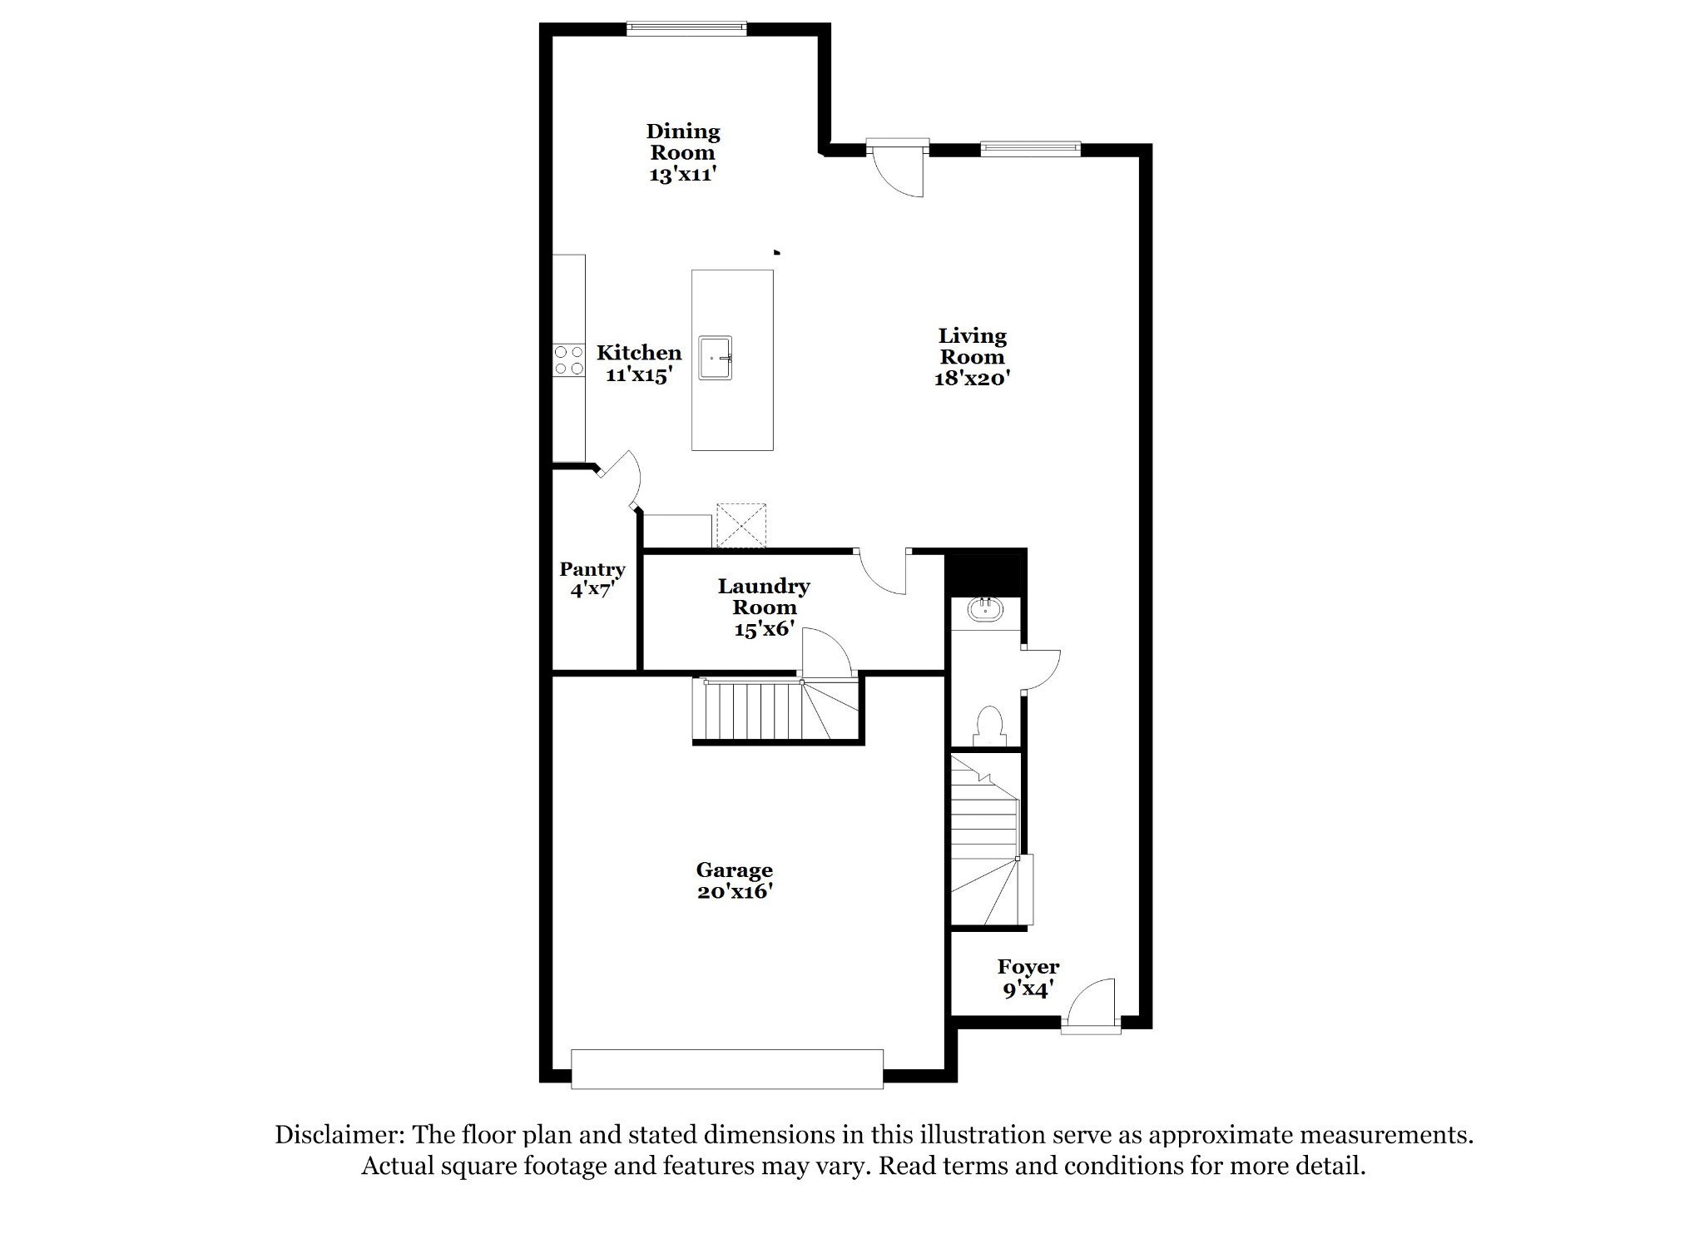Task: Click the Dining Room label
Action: (x=682, y=141)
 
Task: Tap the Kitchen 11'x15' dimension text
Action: (x=638, y=374)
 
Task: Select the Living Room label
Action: (x=972, y=346)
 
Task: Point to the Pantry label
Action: (x=592, y=569)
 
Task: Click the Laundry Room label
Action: (x=764, y=597)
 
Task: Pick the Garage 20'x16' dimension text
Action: (x=735, y=891)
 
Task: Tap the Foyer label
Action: (x=1028, y=966)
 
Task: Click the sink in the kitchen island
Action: (x=715, y=358)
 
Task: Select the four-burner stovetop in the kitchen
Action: (x=569, y=360)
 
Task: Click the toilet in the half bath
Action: (x=990, y=726)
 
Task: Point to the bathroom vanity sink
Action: (x=987, y=609)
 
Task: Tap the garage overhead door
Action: (x=727, y=1068)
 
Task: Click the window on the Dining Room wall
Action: (x=686, y=29)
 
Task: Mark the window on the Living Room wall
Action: (x=1030, y=149)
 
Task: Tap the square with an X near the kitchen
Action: (x=741, y=526)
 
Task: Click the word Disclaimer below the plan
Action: (x=339, y=1135)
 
